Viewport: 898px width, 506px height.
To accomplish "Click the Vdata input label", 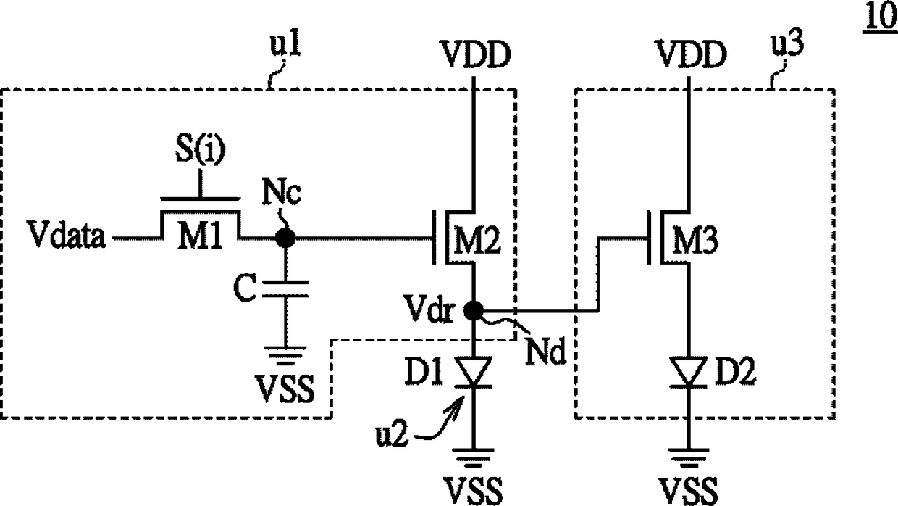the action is (67, 234).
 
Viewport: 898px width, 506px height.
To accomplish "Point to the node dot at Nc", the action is (285, 239).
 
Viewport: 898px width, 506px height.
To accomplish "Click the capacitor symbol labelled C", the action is (285, 289).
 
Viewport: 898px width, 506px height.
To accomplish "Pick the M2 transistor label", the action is (477, 240).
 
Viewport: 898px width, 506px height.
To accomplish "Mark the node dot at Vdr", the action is (474, 310).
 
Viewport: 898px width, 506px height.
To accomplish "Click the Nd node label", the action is (546, 352).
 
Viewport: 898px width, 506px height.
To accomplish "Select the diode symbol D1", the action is (474, 372).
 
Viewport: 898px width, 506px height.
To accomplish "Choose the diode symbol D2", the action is (688, 372).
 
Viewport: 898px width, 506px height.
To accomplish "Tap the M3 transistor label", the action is (695, 240).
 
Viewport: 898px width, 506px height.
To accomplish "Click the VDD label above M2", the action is (475, 54).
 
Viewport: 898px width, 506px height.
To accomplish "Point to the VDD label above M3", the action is (691, 54).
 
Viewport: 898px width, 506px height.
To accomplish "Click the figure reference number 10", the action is (881, 17).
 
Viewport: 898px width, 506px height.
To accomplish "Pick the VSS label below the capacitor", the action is (285, 389).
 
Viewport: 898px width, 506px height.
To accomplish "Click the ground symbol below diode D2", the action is (688, 458).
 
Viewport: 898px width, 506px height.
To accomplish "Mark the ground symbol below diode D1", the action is (474, 458).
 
